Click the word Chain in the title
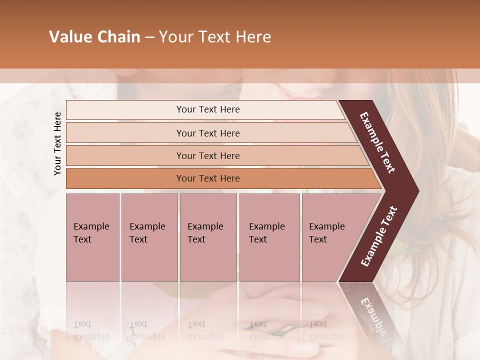[x=118, y=37]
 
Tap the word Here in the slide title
[x=253, y=37]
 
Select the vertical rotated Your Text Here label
[x=58, y=144]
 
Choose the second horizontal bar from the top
[x=207, y=133]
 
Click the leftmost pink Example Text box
[x=92, y=237]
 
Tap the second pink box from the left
[x=149, y=237]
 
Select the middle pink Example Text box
[x=208, y=237]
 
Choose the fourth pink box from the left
[x=269, y=237]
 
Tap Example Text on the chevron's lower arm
[x=379, y=236]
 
